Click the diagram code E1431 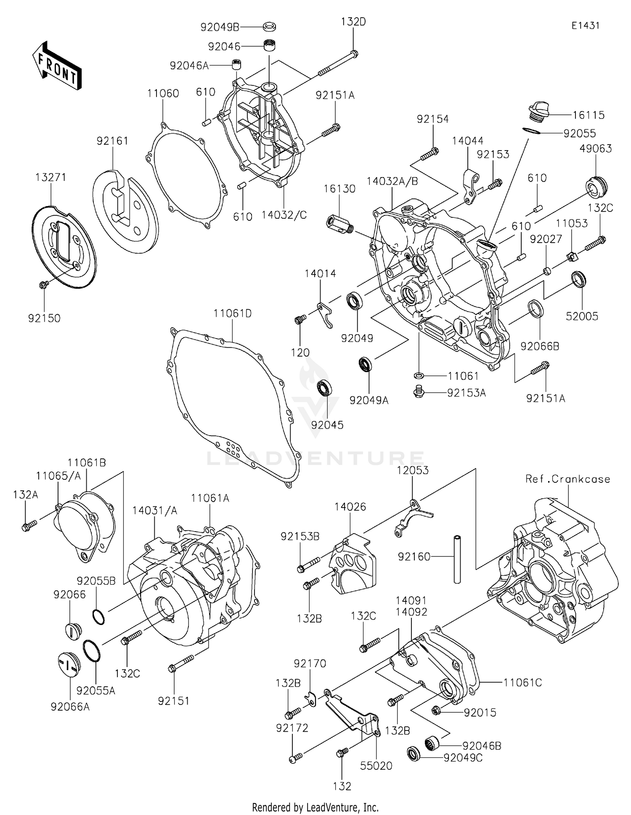(585, 26)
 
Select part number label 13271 (50, 177)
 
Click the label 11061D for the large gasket (232, 313)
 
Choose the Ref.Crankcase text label (567, 479)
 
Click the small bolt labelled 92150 (42, 285)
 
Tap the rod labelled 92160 (458, 558)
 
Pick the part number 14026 (350, 507)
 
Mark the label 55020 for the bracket (376, 766)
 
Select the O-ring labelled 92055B (98, 617)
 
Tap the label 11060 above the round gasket (163, 93)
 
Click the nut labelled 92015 (436, 711)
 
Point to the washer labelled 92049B (269, 27)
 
